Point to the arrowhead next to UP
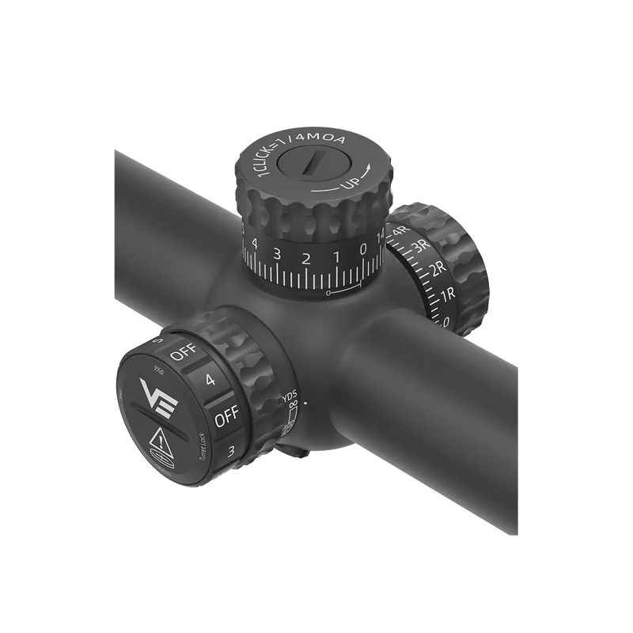pos(369,169)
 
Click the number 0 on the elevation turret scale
pos(363,249)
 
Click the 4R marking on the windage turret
pos(399,230)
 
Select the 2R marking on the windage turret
pos(437,270)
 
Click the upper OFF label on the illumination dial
pos(183,354)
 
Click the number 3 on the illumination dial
pos(230,451)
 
